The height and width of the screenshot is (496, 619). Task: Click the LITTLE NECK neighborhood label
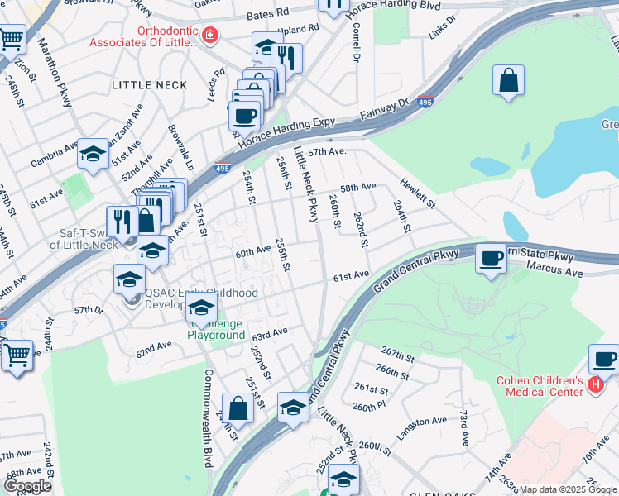point(149,85)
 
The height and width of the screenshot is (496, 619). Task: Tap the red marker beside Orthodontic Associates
point(209,35)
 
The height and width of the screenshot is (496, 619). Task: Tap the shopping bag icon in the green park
point(508,81)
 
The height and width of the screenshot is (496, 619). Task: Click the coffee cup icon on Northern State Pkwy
point(491,259)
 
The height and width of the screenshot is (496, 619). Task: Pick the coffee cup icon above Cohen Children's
point(603,360)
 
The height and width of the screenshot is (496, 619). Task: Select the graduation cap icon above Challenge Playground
point(201,309)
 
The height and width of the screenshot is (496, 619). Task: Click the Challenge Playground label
point(216,330)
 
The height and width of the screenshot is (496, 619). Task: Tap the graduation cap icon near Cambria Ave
point(94,154)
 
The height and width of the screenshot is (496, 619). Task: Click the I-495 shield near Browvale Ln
point(222,167)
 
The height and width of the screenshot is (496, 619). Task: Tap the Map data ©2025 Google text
point(568,489)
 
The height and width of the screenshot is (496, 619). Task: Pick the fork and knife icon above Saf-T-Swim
point(120,221)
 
